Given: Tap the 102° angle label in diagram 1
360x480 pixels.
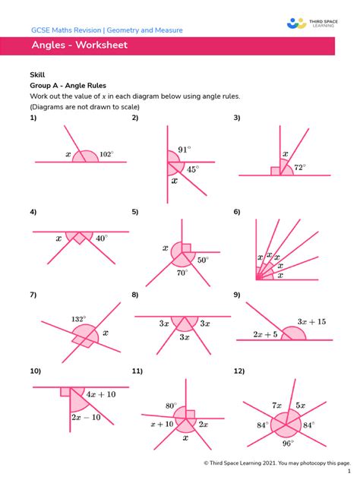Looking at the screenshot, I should (x=106, y=153).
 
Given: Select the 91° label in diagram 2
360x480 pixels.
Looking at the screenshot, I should (x=185, y=149).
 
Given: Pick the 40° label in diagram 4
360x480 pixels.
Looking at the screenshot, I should (x=102, y=238).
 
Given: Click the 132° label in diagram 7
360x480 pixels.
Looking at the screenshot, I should (x=78, y=319).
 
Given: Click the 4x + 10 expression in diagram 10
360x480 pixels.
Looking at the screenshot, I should (x=100, y=394).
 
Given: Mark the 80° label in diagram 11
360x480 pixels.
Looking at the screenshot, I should (x=171, y=406).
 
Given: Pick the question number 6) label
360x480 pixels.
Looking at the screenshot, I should (x=237, y=211).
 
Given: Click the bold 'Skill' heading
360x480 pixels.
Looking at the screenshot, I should (x=37, y=77).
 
